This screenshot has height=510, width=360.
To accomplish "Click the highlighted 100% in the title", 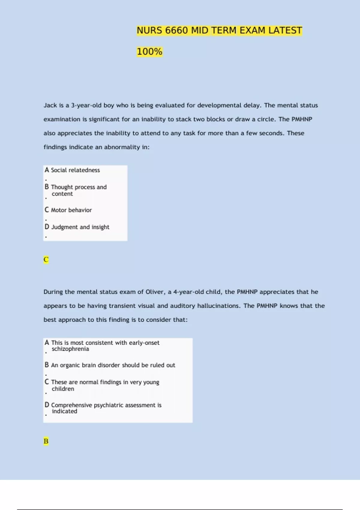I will coord(149,52).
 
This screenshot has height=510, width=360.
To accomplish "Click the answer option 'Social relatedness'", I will coord(75,170).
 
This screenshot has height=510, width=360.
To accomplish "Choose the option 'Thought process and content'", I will coord(79,190).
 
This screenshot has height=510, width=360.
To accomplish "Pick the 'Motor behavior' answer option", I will coord(71,210).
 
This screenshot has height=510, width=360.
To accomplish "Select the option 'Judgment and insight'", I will coord(80,227).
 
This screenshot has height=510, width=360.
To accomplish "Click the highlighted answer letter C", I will coord(46,259).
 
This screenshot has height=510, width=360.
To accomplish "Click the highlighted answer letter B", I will coord(46,441).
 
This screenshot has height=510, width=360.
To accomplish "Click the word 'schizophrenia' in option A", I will coord(70,349).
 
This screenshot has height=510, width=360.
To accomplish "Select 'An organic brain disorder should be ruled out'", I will coord(113,365).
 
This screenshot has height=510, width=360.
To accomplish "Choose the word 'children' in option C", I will coord(63,389).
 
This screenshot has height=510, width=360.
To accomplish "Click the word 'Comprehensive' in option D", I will coord(71,405).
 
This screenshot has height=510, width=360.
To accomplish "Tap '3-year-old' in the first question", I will coord(86,105).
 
